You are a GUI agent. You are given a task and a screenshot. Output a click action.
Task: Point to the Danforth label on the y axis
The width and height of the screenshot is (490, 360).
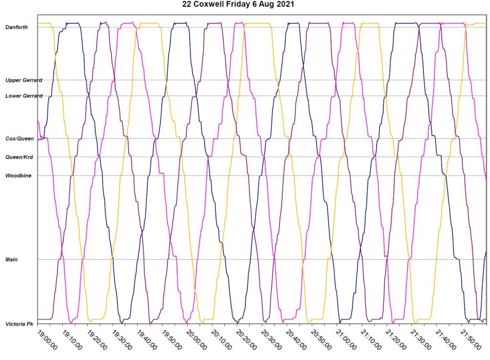click(x=16, y=27)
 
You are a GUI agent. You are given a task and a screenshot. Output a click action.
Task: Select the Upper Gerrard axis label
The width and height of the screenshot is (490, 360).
click(x=24, y=80)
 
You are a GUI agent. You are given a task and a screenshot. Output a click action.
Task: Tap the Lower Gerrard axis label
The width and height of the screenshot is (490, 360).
click(x=24, y=96)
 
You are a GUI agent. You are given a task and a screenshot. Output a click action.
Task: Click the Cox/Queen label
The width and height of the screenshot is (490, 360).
click(x=20, y=139)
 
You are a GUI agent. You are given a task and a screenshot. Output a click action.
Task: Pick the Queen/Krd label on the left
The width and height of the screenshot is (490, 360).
click(x=19, y=157)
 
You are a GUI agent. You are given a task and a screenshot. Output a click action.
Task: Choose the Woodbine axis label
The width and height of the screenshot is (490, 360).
click(x=18, y=176)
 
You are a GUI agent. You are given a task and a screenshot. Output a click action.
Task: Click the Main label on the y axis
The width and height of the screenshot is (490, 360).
click(x=11, y=260)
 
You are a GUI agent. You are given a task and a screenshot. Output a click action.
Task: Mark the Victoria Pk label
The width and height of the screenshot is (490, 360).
click(x=19, y=324)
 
